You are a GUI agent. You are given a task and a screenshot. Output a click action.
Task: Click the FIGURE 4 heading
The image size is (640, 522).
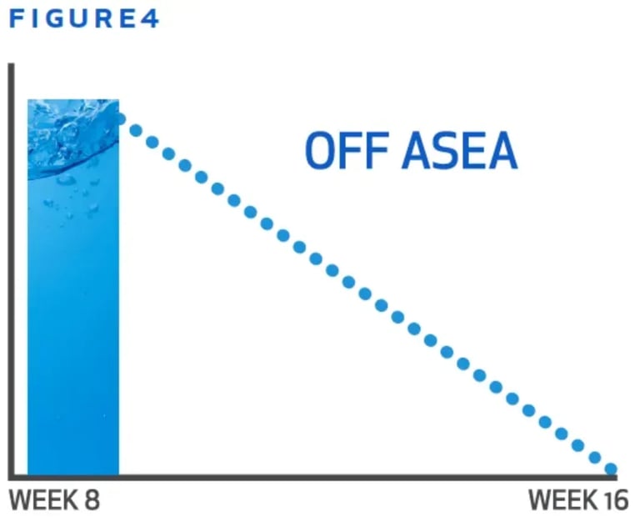point(84,19)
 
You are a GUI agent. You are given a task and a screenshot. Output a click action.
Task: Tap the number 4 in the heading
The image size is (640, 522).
point(149,19)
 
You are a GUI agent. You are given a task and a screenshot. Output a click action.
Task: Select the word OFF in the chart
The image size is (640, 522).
point(347,150)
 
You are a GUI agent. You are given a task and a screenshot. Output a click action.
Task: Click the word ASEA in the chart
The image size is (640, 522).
point(460,150)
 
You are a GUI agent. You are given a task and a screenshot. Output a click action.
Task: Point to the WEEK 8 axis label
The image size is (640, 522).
point(54,499)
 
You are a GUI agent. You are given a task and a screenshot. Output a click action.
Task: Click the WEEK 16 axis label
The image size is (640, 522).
point(578,499)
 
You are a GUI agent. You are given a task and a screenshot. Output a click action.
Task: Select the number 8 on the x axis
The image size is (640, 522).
point(92,499)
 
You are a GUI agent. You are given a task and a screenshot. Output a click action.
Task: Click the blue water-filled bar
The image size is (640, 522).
point(73,287)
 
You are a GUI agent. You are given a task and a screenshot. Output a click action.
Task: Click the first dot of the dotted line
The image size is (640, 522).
point(120,119)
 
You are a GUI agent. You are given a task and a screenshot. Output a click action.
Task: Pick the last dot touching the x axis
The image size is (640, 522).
point(611,469)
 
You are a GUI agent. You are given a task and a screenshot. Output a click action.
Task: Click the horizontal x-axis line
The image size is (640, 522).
point(312,478)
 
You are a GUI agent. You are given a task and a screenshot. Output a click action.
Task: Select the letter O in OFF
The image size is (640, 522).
point(320,150)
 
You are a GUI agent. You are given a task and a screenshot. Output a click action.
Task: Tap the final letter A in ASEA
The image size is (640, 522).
point(502,150)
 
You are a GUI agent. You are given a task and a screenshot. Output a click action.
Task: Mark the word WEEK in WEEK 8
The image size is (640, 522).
point(43,499)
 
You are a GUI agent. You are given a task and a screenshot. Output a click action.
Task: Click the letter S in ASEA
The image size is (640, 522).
point(444,150)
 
